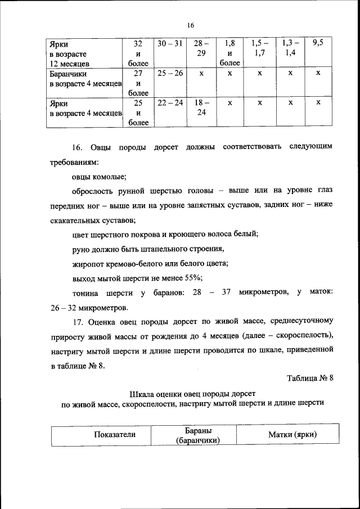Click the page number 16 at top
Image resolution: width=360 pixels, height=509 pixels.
pos(190,25)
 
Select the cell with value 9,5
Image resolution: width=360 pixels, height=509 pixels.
pos(318,43)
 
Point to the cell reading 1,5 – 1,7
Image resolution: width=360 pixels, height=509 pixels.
pos(259,48)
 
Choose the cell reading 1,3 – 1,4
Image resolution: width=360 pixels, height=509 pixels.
pos(289,48)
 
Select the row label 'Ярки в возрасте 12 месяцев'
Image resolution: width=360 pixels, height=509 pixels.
pos(73,53)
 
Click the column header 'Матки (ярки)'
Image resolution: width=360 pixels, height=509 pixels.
pos(292,435)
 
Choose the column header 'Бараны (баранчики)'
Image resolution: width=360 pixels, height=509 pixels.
pos(197,435)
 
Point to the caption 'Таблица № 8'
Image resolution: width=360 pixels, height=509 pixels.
pos(310,378)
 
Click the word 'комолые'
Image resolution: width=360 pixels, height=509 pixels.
pos(110,176)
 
